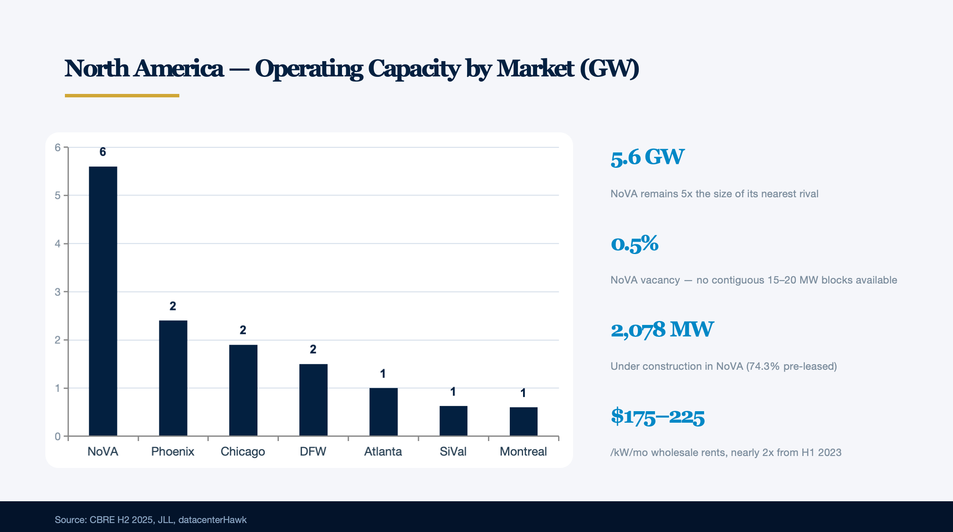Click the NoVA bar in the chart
point(103,301)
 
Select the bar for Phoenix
point(173,378)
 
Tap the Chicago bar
point(243,390)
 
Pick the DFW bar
point(313,400)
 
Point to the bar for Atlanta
point(383,412)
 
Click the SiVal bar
point(453,421)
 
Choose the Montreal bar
point(523,421)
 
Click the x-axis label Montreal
point(523,451)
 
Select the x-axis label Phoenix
point(172,451)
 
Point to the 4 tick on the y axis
point(58,244)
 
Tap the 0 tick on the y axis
point(58,436)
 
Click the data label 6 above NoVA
point(102,152)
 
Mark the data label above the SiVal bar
point(453,392)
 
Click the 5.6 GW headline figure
point(647,157)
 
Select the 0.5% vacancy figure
point(634,243)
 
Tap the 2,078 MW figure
point(662,330)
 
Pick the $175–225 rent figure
point(658,416)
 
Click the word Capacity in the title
point(414,68)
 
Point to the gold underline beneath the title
point(122,96)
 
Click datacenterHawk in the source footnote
point(212,520)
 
